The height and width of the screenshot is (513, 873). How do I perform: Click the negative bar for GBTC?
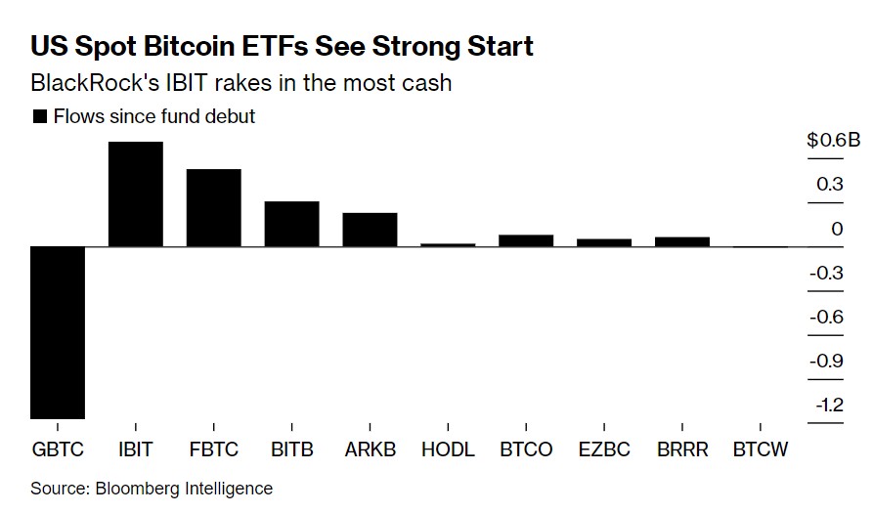click(58, 332)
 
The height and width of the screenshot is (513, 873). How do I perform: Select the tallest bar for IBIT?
click(135, 193)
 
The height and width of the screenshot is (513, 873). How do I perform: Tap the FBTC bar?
click(213, 207)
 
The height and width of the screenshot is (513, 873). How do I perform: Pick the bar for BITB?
click(291, 224)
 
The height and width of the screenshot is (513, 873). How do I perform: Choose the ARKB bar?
click(370, 229)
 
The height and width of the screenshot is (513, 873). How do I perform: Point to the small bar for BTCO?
click(526, 240)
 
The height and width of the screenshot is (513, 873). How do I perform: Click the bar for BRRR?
click(682, 241)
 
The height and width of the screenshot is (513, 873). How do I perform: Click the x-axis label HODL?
click(448, 449)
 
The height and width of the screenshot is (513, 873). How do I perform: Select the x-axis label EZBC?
click(604, 449)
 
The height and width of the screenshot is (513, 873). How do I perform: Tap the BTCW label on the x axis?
click(760, 449)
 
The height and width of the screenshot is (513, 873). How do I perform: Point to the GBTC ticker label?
click(58, 449)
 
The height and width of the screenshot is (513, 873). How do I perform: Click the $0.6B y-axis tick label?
click(833, 141)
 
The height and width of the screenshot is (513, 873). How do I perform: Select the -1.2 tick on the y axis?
click(827, 405)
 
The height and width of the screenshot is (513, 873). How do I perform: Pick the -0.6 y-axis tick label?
click(827, 317)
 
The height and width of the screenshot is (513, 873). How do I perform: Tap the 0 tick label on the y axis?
click(837, 229)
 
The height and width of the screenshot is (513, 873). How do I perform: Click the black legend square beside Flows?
click(40, 116)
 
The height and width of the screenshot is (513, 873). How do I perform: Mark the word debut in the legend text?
click(231, 116)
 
